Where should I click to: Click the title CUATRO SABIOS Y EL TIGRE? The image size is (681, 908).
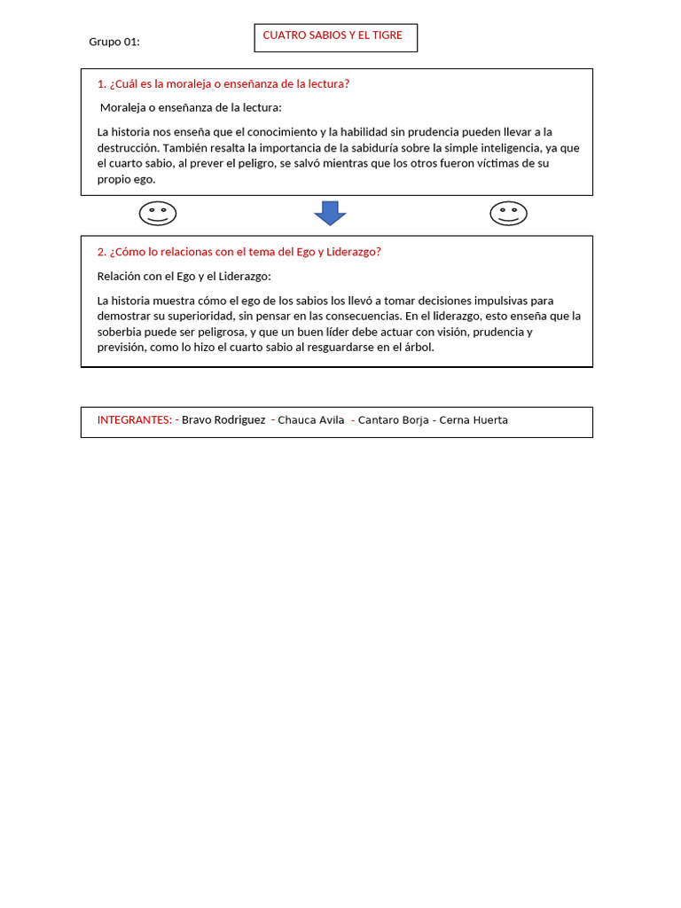click(333, 35)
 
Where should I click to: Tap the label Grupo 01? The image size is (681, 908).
click(114, 42)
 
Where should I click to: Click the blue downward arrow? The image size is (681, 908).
click(330, 213)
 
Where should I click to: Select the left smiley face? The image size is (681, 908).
click(158, 214)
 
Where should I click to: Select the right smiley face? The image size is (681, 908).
click(508, 214)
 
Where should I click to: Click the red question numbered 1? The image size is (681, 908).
click(223, 84)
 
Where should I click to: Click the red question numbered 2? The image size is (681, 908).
click(239, 252)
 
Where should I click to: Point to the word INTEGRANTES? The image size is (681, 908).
click(134, 420)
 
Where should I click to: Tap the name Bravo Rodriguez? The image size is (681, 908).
click(223, 420)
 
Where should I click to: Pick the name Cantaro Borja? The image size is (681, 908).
click(394, 420)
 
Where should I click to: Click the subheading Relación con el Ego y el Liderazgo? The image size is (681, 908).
click(184, 276)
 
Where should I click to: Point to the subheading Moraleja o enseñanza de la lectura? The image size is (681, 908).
click(191, 108)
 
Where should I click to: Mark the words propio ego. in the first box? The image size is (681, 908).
click(126, 179)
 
